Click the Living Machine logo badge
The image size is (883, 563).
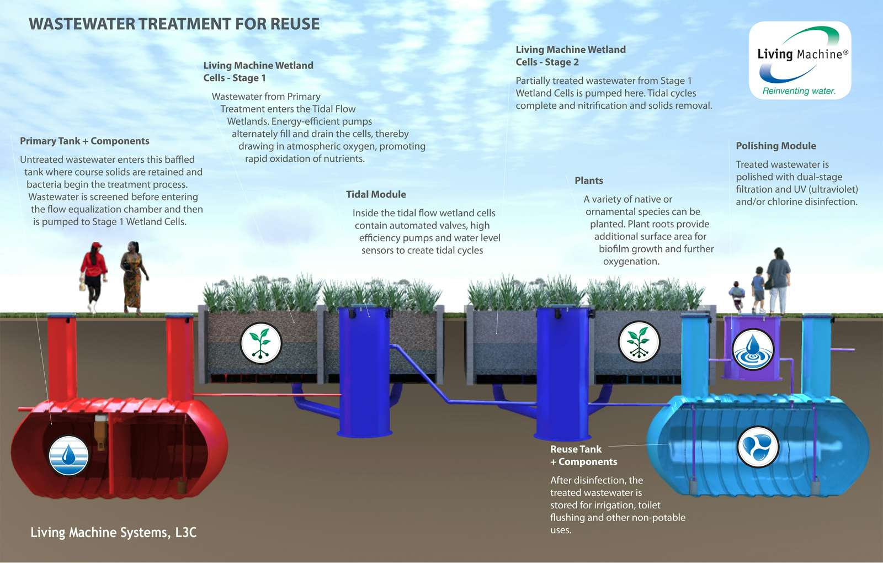pos(800,60)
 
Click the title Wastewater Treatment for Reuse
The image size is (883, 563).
pos(174,24)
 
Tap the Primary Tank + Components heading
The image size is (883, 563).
pos(84,141)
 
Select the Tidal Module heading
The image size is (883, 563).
pos(376,194)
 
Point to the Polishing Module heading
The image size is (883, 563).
pos(775,146)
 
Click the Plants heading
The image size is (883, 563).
pos(588,180)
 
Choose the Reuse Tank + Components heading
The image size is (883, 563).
pos(583,455)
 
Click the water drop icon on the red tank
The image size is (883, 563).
pos(68,455)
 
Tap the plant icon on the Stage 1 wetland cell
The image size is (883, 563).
pos(261,343)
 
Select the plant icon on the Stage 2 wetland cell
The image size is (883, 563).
pos(639,342)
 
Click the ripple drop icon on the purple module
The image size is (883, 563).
pos(753,349)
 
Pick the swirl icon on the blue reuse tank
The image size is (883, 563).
pos(758,447)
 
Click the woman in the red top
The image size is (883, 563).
pos(93,276)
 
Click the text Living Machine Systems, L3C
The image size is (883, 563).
pos(113,532)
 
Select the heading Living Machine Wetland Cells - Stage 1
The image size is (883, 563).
pos(258,72)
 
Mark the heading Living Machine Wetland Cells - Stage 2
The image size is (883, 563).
pos(570,56)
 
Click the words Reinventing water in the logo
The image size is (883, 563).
pos(799,91)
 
